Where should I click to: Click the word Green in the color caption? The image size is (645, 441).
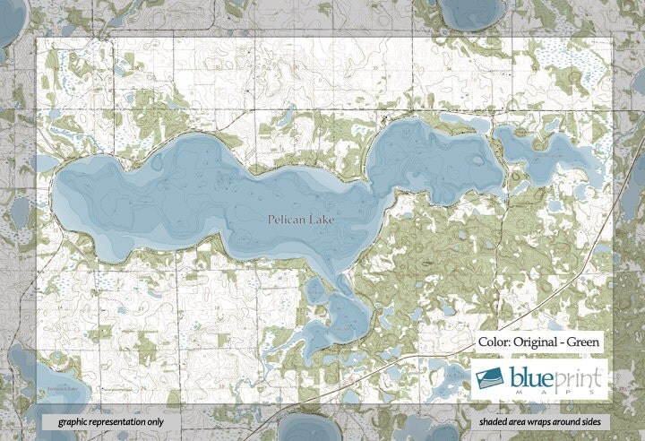click(x=590, y=342)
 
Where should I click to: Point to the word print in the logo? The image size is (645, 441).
click(x=580, y=376)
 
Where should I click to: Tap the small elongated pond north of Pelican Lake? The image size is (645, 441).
click(x=286, y=117)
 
